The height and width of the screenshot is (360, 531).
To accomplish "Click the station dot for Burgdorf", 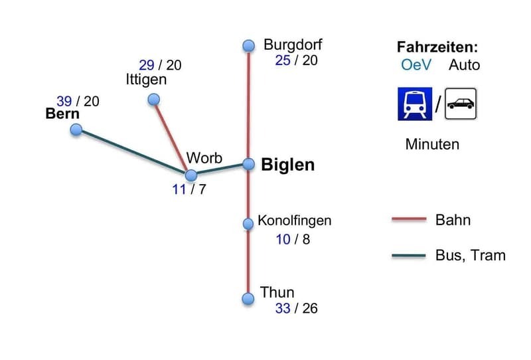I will pyautogui.click(x=249, y=45).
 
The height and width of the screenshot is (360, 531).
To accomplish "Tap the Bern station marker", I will pyautogui.click(x=76, y=130).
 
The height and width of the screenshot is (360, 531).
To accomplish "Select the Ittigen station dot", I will pyautogui.click(x=153, y=100).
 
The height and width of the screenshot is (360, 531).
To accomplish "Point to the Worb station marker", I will pyautogui.click(x=191, y=175).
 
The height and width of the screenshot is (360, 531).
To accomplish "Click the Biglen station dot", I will pyautogui.click(x=249, y=163).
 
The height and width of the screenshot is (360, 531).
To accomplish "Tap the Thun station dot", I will pyautogui.click(x=248, y=298).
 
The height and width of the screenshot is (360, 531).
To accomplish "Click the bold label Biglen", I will pyautogui.click(x=287, y=165).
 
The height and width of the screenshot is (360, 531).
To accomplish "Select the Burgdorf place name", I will pyautogui.click(x=293, y=45).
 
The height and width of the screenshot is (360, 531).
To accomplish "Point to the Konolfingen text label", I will pyautogui.click(x=294, y=221).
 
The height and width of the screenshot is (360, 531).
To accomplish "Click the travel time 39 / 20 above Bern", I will pyautogui.click(x=78, y=101).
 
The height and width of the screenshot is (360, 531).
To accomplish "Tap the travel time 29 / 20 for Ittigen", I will pyautogui.click(x=160, y=65).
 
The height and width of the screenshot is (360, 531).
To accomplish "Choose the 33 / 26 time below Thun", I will pyautogui.click(x=296, y=308).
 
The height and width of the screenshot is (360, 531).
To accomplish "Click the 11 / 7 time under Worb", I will pyautogui.click(x=189, y=189).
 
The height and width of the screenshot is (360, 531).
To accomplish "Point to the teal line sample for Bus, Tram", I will pyautogui.click(x=409, y=255).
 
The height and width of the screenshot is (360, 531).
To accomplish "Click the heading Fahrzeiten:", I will pyautogui.click(x=437, y=47).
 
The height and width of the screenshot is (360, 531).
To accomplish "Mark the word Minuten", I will pyautogui.click(x=432, y=144).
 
